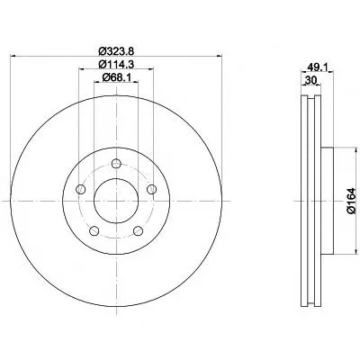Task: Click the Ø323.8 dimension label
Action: (x=116, y=51)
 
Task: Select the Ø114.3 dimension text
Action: (x=116, y=64)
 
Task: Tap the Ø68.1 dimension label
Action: (x=116, y=77)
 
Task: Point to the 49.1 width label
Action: (x=317, y=67)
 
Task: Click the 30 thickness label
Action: (x=310, y=80)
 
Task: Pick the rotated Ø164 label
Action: (x=351, y=201)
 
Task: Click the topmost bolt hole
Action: (x=116, y=164)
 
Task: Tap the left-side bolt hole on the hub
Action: (x=81, y=189)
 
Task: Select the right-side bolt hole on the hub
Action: (x=151, y=189)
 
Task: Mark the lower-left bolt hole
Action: (x=94, y=230)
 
